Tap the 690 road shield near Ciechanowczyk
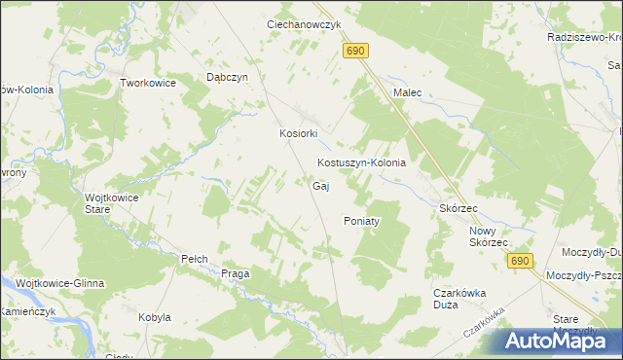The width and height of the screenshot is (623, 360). [x=356, y=52]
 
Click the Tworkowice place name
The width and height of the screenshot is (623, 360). [x=148, y=84]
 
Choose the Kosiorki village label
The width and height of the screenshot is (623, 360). [x=300, y=134]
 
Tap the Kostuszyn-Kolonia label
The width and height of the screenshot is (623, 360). [x=361, y=163]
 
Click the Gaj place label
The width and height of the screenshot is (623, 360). [x=319, y=186]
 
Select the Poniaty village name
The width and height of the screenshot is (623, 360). [x=361, y=221]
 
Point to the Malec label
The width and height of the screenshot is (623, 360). [x=407, y=92]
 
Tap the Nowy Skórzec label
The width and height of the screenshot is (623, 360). [x=489, y=236]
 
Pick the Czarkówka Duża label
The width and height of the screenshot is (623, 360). [x=459, y=298]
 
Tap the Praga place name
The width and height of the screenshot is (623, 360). [x=236, y=273]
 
